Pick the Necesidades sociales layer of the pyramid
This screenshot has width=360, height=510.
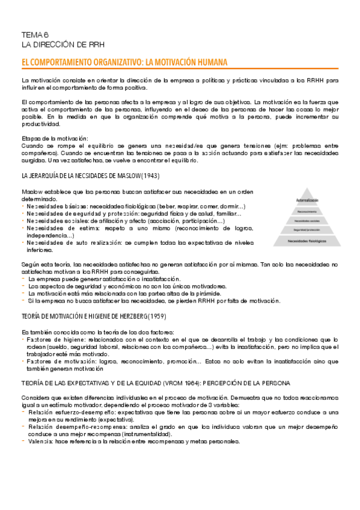click(307, 220)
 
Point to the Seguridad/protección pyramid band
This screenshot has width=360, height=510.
click(307, 230)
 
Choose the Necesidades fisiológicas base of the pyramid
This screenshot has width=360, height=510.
click(307, 241)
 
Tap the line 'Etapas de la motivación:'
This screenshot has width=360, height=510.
click(55, 139)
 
